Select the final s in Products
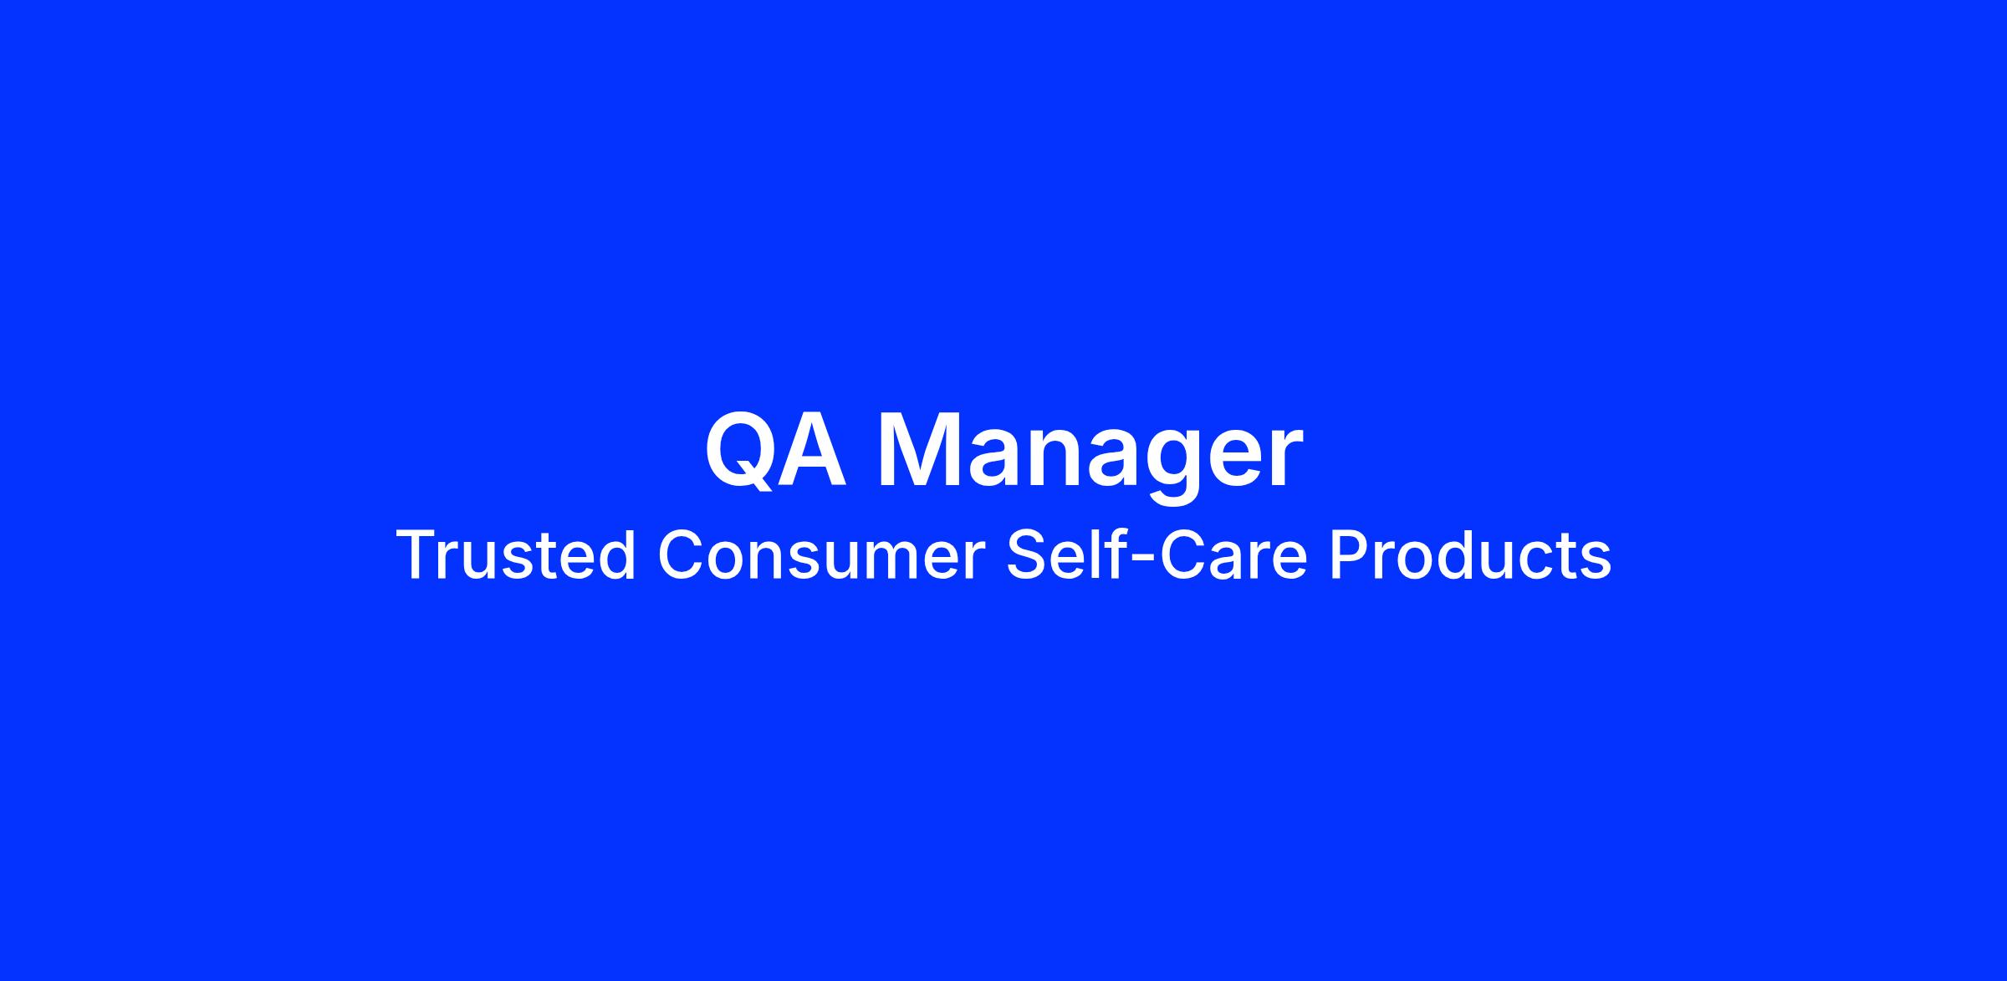point(1596,561)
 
